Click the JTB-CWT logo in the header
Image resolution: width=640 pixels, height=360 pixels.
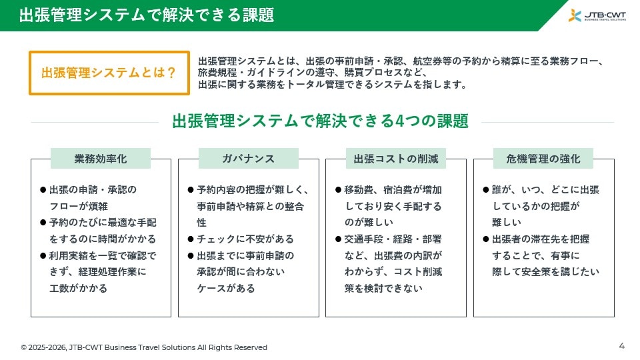coord(597,15)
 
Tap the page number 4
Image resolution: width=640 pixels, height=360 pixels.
coord(621,346)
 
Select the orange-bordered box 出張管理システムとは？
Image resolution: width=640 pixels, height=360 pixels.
coord(109,73)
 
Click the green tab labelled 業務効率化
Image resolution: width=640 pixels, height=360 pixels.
coord(101,159)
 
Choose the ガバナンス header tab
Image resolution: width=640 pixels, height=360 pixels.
coord(248,159)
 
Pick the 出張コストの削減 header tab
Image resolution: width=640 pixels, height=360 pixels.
coord(395,159)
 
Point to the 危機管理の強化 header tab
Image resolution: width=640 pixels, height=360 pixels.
coord(543,159)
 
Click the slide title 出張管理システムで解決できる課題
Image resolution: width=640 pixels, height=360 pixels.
coord(147,15)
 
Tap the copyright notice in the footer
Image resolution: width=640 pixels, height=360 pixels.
coord(144,347)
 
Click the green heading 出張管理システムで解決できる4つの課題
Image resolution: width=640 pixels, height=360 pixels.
coord(320,121)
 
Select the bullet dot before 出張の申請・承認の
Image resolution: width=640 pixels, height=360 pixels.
coord(43,190)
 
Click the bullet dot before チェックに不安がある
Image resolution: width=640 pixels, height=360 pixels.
coord(191,239)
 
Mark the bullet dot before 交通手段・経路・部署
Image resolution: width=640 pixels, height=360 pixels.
coord(338,239)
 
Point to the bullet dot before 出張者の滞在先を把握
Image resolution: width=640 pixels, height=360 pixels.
coord(486,239)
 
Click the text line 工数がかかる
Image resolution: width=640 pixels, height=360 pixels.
coord(79,288)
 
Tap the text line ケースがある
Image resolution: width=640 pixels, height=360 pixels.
coord(226,288)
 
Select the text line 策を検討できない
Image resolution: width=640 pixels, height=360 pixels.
coord(383,288)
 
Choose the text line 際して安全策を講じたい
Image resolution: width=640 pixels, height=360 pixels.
coord(546,272)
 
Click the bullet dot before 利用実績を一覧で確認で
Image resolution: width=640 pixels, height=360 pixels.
coord(43,256)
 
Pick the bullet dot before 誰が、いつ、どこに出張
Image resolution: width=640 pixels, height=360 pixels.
coord(486,190)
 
